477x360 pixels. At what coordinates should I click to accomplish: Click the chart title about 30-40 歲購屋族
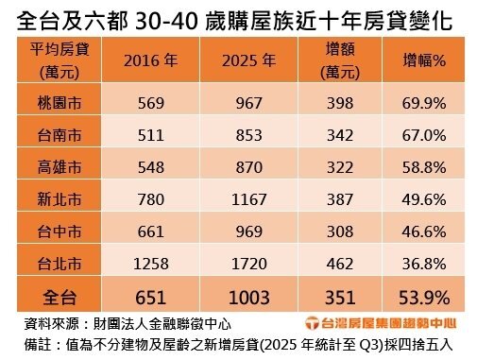coord(238,20)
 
